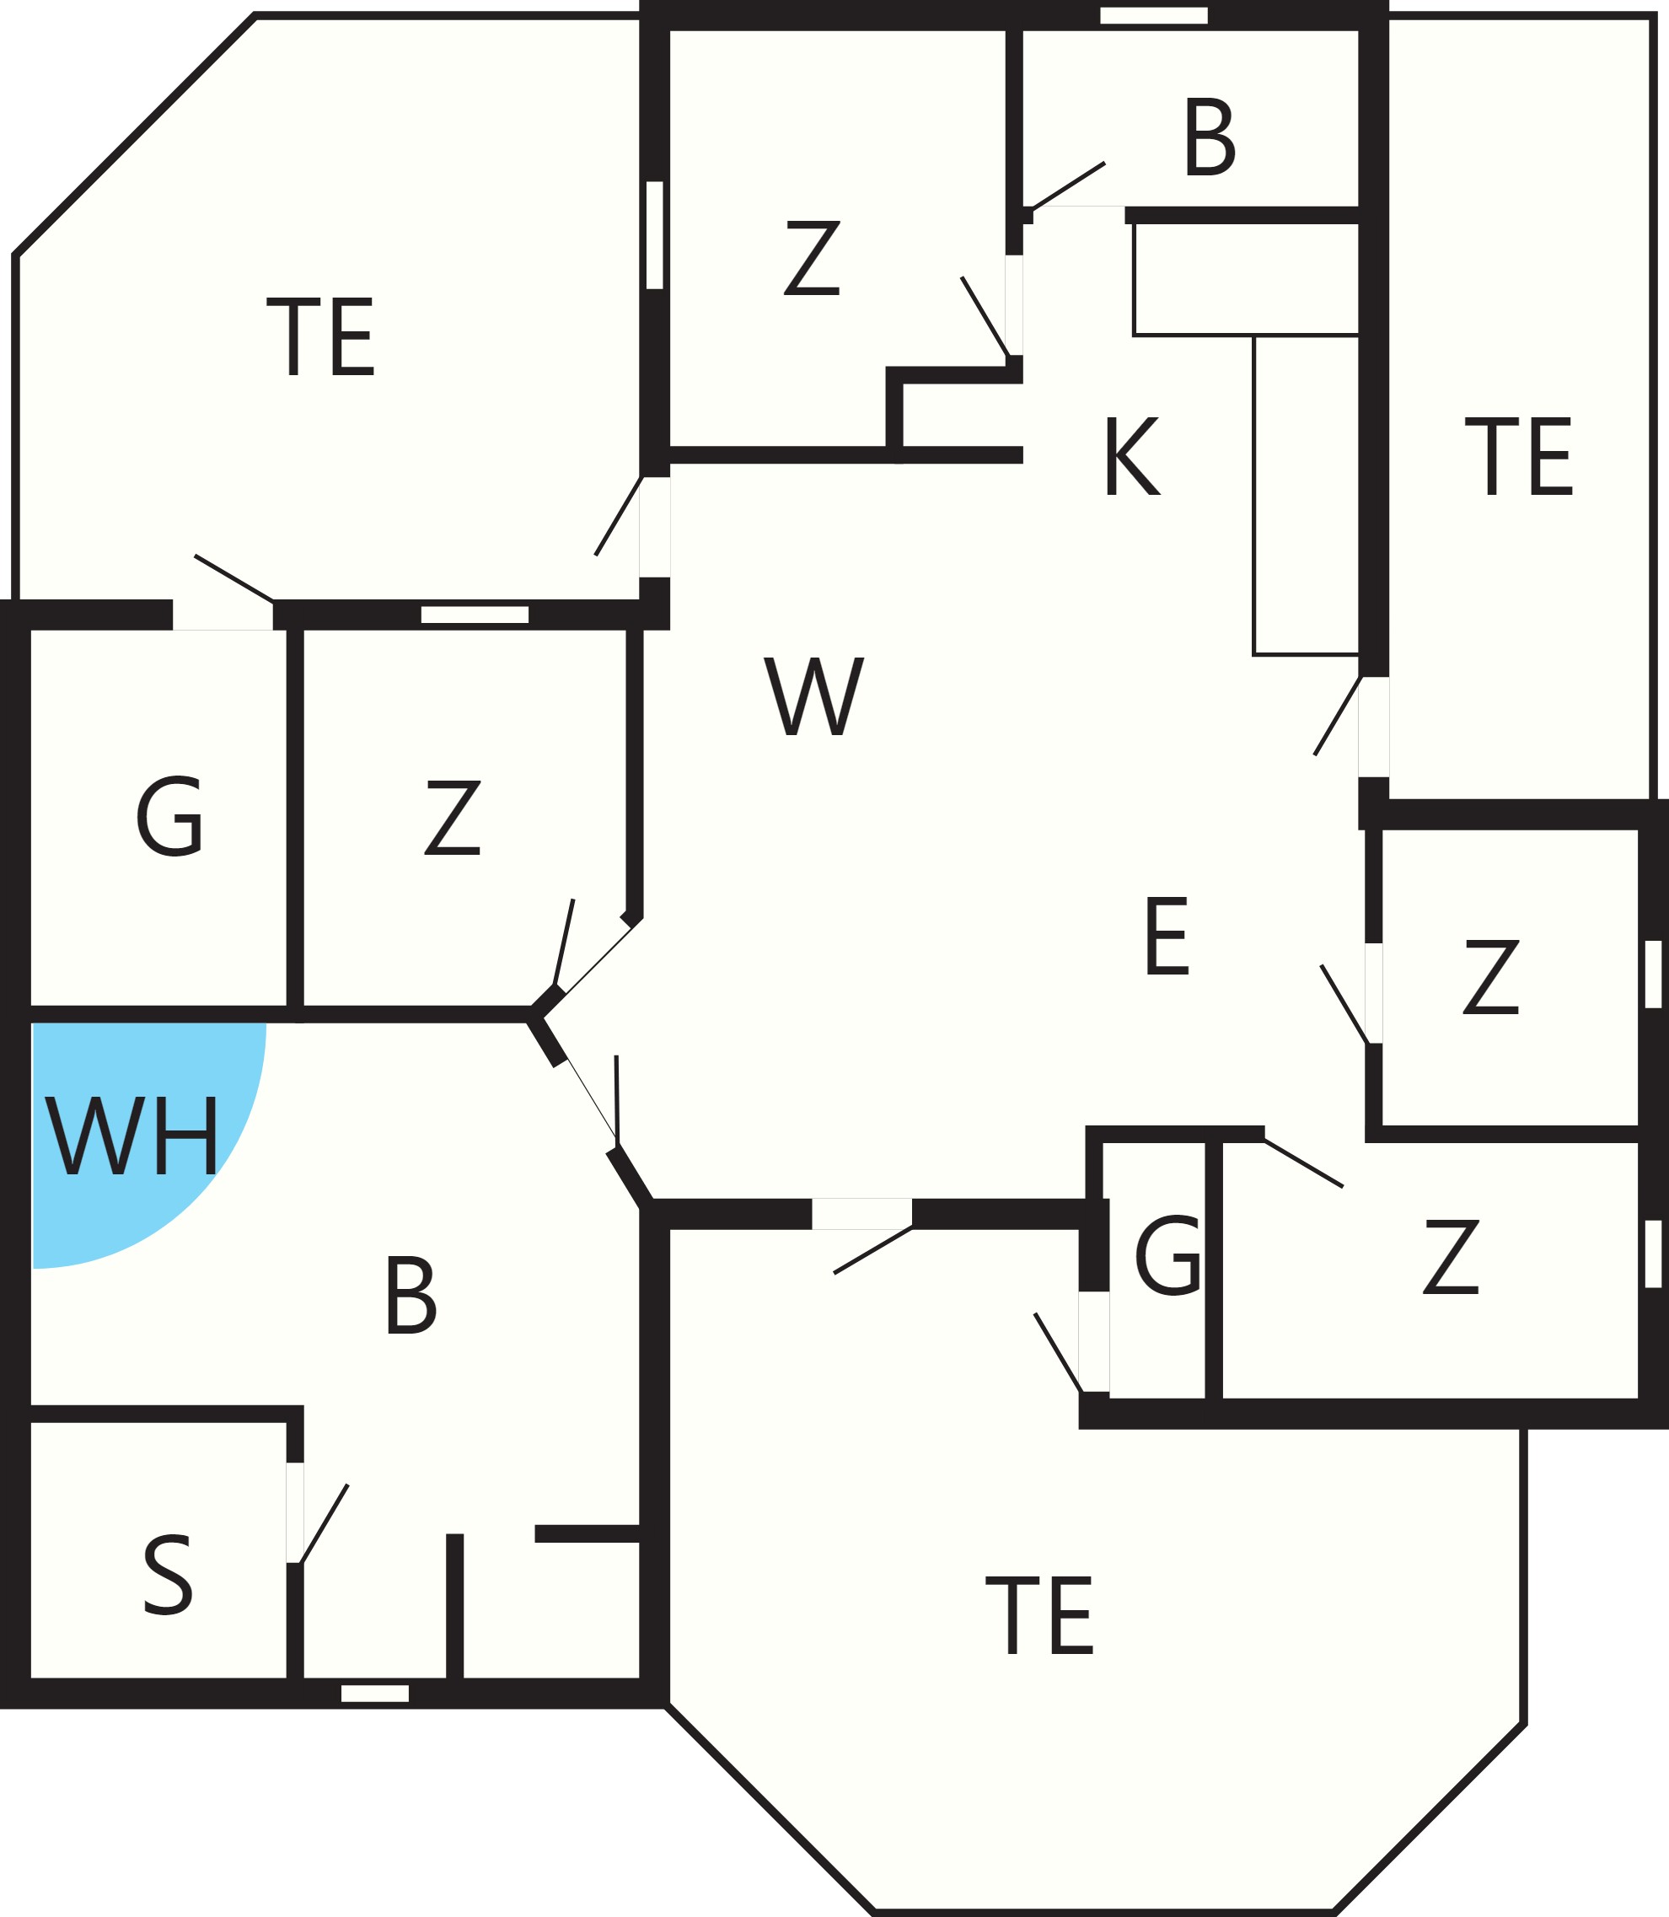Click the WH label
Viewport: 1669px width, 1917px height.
pyautogui.click(x=131, y=1135)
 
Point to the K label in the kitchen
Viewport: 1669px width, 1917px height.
pyautogui.click(x=1133, y=456)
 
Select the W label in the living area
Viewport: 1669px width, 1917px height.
pyautogui.click(x=814, y=695)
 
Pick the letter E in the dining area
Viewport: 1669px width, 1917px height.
pyautogui.click(x=1167, y=936)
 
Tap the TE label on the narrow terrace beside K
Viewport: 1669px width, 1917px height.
pyautogui.click(x=1519, y=455)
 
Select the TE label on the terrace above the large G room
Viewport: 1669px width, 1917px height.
pyautogui.click(x=320, y=336)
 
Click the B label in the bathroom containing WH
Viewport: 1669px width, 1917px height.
pyautogui.click(x=411, y=1296)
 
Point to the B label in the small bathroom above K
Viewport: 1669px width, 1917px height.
pyautogui.click(x=1210, y=136)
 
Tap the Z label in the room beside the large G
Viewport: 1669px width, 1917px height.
pyautogui.click(x=453, y=817)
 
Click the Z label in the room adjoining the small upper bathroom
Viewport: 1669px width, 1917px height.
pyautogui.click(x=812, y=258)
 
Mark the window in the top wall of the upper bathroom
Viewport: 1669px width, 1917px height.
pyautogui.click(x=1154, y=15)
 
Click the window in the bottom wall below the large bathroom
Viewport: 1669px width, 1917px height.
pyautogui.click(x=375, y=1694)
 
